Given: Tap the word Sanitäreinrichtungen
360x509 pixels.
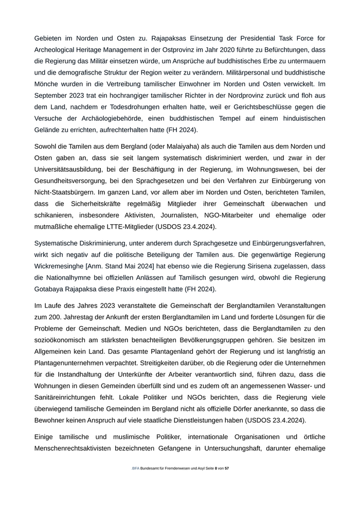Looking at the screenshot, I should click(71, 397).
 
